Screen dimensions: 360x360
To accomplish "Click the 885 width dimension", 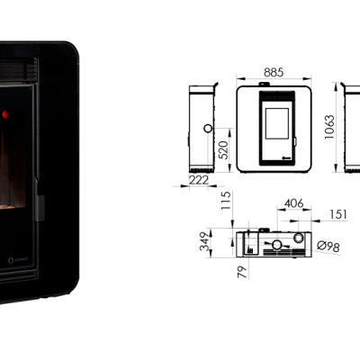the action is tap(274, 73).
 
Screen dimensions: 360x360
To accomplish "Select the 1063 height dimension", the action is tap(329, 127).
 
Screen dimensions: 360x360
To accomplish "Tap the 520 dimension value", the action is tap(223, 150).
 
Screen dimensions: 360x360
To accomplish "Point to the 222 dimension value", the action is tap(199, 180).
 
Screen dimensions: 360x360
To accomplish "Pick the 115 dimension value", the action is tap(226, 201).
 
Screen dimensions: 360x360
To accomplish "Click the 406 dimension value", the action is tap(294, 203).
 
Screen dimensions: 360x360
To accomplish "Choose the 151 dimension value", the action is tap(338, 214).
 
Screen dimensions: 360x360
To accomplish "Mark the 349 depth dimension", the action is tap(205, 241).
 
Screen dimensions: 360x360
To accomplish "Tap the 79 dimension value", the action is tap(242, 272).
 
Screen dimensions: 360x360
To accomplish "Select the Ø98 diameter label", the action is tap(328, 247).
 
